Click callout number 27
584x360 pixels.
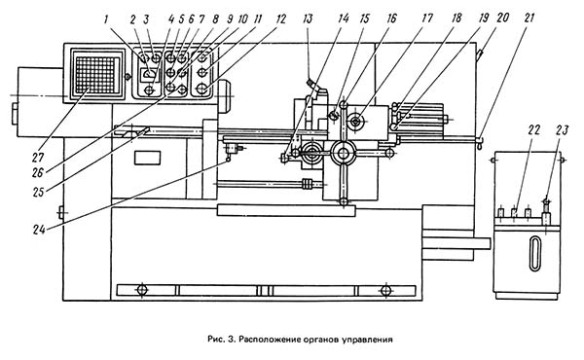pyautogui.click(x=38, y=157)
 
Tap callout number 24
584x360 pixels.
pyautogui.click(x=39, y=230)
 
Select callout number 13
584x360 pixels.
pyautogui.click(x=308, y=19)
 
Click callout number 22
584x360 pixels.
pyautogui.click(x=533, y=130)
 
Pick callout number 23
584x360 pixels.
pyautogui.click(x=563, y=130)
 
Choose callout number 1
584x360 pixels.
pyautogui.click(x=106, y=19)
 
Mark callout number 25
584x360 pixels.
pyautogui.click(x=38, y=192)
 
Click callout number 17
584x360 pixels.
pyautogui.click(x=427, y=18)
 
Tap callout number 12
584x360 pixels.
pyautogui.click(x=280, y=19)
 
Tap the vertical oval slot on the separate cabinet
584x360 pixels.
pyautogui.click(x=534, y=254)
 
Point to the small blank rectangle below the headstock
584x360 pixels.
pyautogui.click(x=148, y=158)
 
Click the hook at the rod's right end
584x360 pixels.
pyautogui.click(x=479, y=143)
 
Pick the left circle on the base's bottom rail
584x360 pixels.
pyautogui.click(x=142, y=290)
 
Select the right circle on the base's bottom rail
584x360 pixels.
pyautogui.click(x=385, y=290)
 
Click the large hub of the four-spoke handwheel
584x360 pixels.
pyautogui.click(x=343, y=153)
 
